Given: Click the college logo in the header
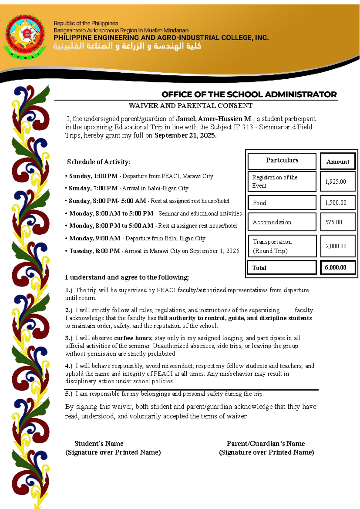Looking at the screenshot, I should pyautogui.click(x=25, y=36).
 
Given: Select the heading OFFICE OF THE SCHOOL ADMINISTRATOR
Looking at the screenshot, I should pyautogui.click(x=249, y=95).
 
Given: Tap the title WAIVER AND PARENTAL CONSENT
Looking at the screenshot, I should pyautogui.click(x=190, y=106).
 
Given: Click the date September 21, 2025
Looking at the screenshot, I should pyautogui.click(x=185, y=135).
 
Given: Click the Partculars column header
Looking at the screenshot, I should pyautogui.click(x=282, y=160).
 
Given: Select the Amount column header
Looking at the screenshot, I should pyautogui.click(x=338, y=161).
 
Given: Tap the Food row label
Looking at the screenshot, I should pyautogui.click(x=259, y=203).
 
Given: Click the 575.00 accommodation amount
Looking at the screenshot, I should pyautogui.click(x=334, y=222).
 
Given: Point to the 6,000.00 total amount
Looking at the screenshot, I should pyautogui.click(x=335, y=267).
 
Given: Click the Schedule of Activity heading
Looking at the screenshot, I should pyautogui.click(x=99, y=162).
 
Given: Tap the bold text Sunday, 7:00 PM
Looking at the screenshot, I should pyautogui.click(x=93, y=188).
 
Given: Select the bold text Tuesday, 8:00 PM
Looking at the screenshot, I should pyautogui.click(x=94, y=251).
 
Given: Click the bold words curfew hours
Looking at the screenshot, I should pyautogui.click(x=133, y=338).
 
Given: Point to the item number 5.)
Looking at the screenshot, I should pyautogui.click(x=69, y=394).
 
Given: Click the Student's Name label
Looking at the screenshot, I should pyautogui.click(x=99, y=444).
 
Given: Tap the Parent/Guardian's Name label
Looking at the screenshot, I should pyautogui.click(x=265, y=444).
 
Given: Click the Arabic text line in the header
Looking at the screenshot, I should pyautogui.click(x=127, y=46).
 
